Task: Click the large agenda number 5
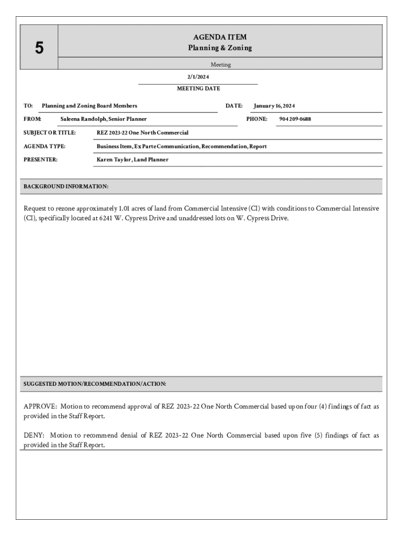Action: click(39, 48)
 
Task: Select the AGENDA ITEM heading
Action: click(220, 37)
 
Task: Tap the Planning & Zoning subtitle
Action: click(220, 48)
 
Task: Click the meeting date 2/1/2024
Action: click(198, 77)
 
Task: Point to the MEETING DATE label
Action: click(198, 89)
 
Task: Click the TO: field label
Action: click(28, 106)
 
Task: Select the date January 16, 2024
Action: click(274, 106)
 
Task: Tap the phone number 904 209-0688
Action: click(295, 119)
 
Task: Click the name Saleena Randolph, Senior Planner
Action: click(104, 119)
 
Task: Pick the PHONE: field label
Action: click(257, 119)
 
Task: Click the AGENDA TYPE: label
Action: click(44, 147)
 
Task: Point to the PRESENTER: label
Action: click(41, 160)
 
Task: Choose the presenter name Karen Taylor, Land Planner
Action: click(132, 160)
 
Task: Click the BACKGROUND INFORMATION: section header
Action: click(66, 186)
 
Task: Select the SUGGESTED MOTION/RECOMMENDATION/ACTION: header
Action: click(95, 384)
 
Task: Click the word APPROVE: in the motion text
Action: click(40, 406)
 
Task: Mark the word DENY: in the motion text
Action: click(34, 435)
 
